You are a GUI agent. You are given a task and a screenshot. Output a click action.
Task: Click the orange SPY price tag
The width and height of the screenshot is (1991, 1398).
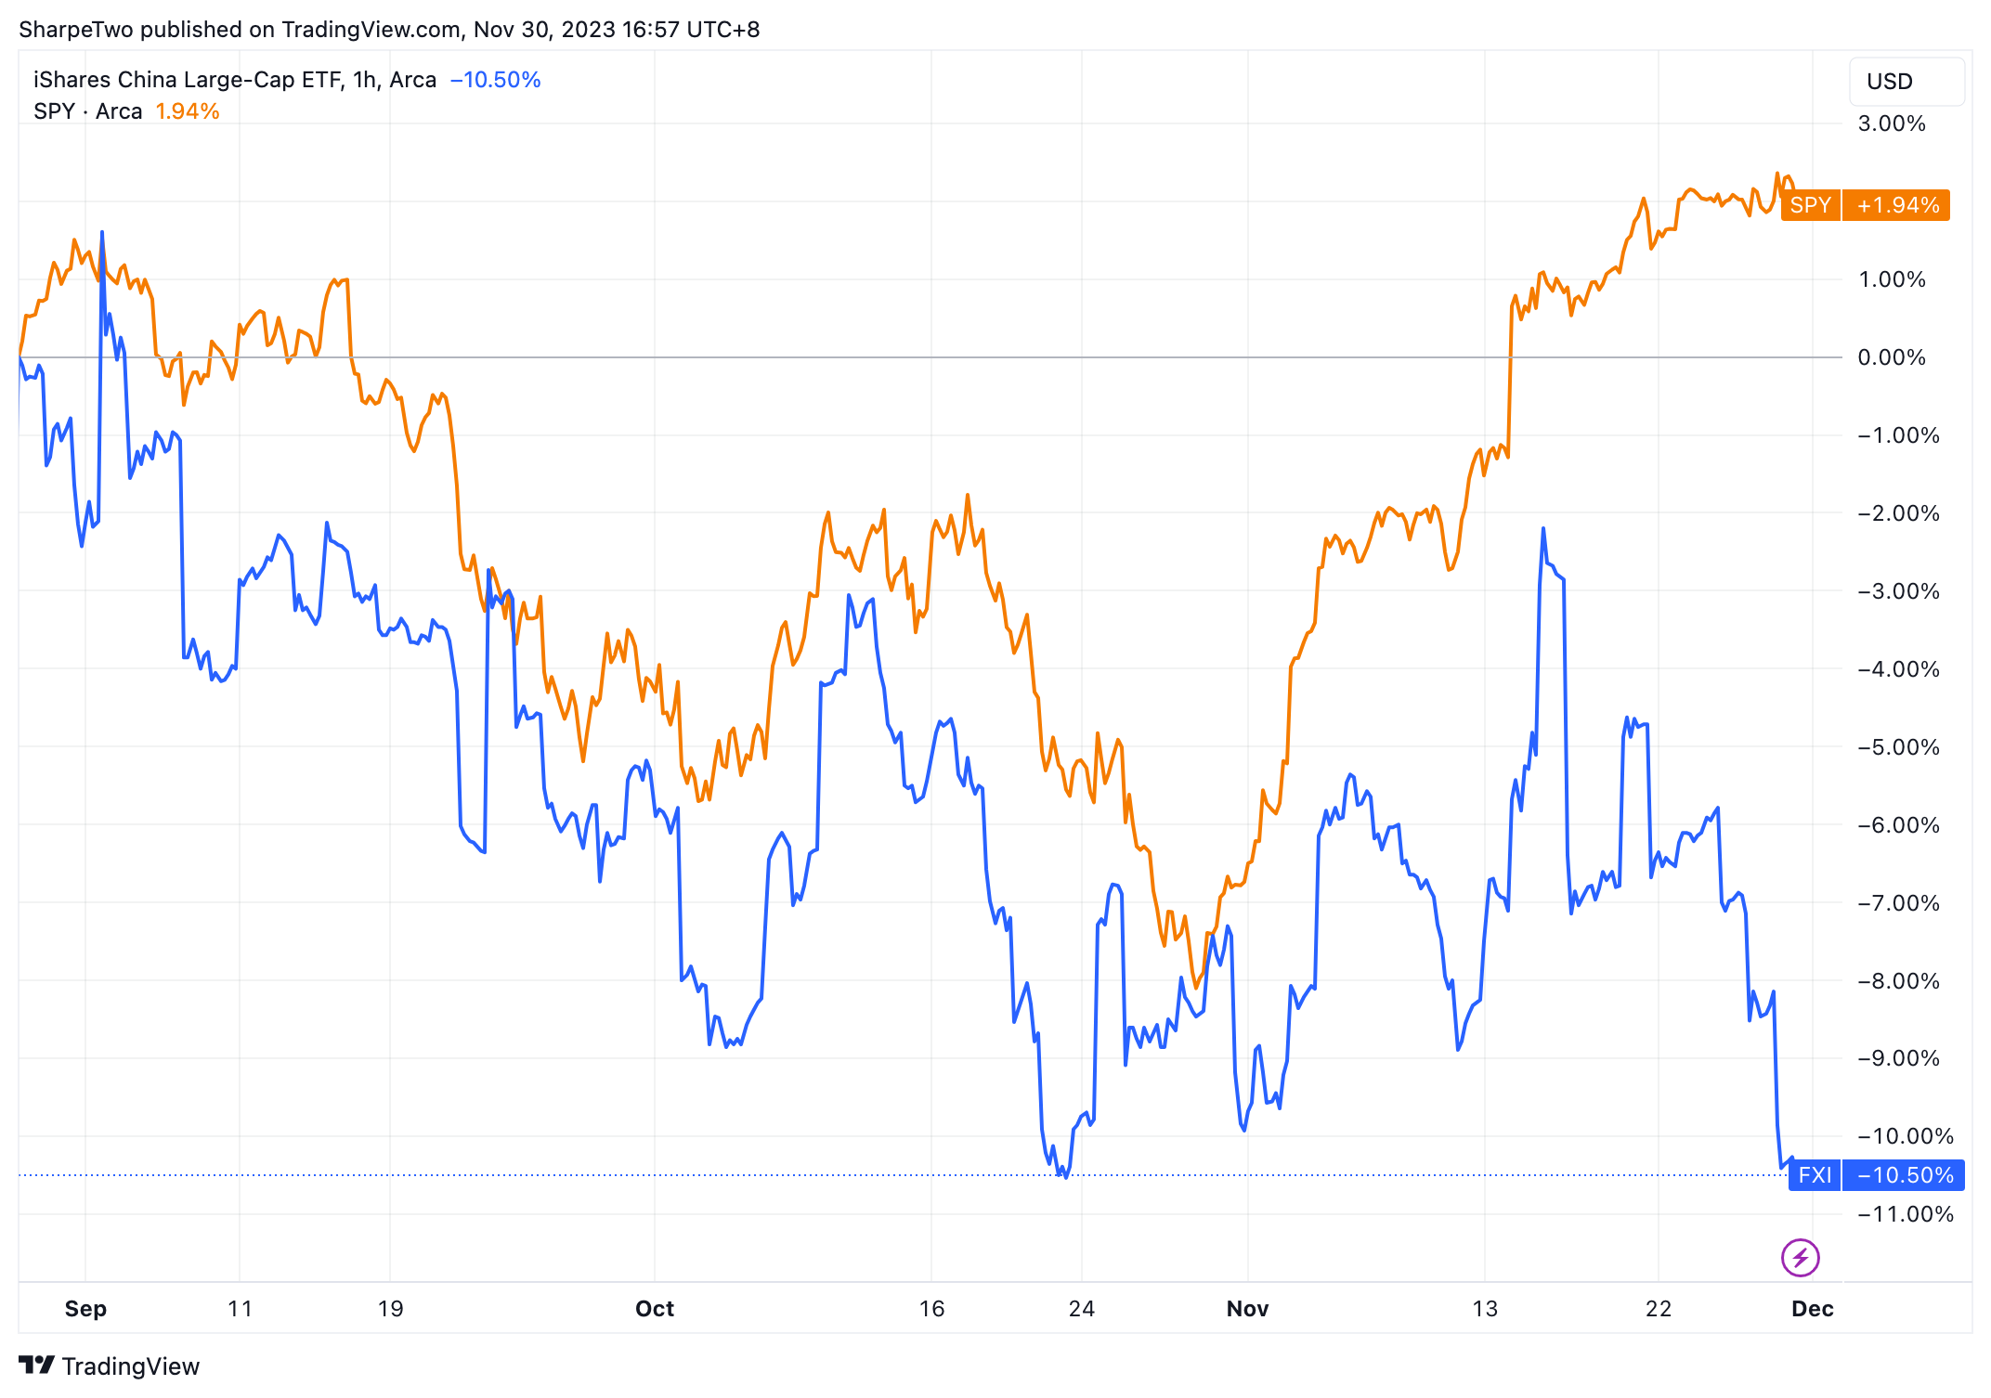coord(1810,205)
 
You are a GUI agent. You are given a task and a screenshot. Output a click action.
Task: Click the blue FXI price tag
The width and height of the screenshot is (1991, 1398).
coord(1814,1175)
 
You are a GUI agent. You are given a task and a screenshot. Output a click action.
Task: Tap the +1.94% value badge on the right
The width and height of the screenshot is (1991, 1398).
coord(1896,205)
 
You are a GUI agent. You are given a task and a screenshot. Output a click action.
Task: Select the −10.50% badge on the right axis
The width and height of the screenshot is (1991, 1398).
coord(1904,1175)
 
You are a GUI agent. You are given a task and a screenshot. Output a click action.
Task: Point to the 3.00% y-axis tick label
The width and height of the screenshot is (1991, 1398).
coord(1891,123)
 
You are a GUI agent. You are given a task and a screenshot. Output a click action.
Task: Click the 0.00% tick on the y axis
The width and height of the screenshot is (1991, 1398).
coord(1891,357)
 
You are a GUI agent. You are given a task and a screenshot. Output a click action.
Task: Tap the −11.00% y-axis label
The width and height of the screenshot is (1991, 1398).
coord(1905,1214)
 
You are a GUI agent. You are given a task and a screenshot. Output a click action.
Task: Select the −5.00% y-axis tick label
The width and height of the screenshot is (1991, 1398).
coord(1898,747)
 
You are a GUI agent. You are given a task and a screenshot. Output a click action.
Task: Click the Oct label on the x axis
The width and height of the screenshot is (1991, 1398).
coord(654,1309)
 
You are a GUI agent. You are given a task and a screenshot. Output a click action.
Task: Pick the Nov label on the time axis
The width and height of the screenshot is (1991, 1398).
coord(1247,1309)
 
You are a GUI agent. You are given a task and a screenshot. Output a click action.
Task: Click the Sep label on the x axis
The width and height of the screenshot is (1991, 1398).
coord(85,1309)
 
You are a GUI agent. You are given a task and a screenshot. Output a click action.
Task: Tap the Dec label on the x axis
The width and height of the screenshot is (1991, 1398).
coord(1812,1309)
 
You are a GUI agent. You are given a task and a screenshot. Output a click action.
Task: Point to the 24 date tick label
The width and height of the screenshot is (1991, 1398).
coord(1081,1309)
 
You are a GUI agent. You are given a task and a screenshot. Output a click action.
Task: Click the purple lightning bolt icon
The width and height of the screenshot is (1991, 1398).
coord(1800,1258)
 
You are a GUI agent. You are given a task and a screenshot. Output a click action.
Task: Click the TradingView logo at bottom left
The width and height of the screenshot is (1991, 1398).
coord(110,1366)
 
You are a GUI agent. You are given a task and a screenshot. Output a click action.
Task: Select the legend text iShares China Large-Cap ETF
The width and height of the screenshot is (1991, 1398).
coord(188,80)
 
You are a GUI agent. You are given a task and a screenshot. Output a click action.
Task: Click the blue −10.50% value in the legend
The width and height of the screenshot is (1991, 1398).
coord(495,80)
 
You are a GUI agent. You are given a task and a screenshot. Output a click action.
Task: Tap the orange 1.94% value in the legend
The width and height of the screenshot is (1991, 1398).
coord(187,111)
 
